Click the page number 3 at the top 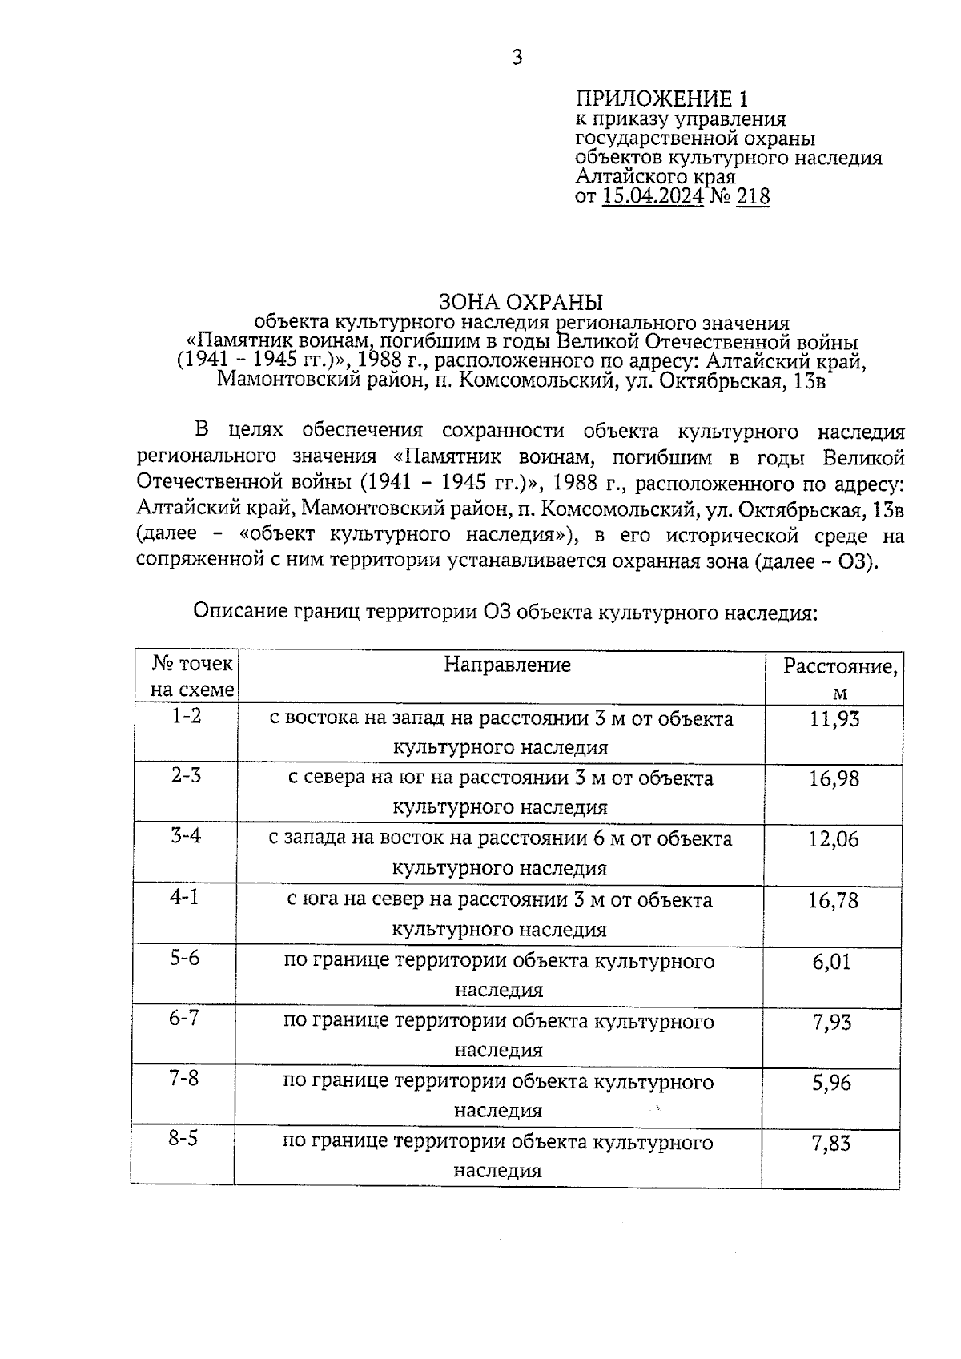click(517, 58)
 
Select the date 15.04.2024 click(653, 197)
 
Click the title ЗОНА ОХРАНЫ click(521, 302)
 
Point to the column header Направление click(508, 665)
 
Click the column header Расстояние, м click(839, 678)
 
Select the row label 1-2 click(187, 716)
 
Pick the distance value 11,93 click(834, 719)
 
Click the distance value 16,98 click(834, 778)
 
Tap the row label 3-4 click(186, 837)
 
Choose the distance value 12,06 click(834, 839)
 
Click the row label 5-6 click(184, 959)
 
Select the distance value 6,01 click(832, 962)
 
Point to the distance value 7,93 click(832, 1023)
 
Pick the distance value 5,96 click(831, 1083)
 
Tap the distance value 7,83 click(831, 1144)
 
